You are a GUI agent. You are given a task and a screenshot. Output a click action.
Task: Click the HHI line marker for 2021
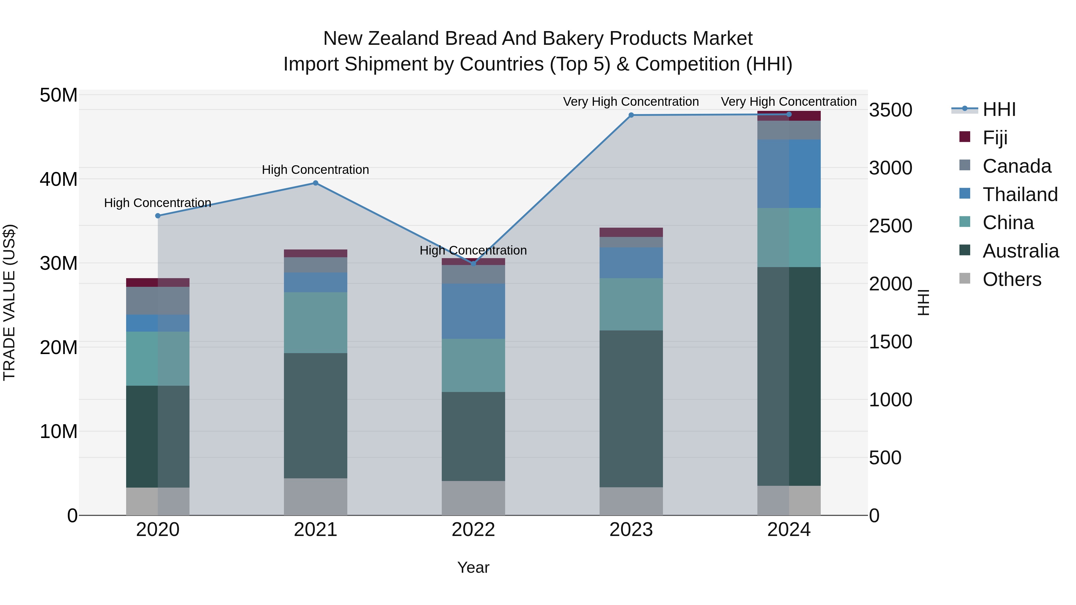[x=315, y=183]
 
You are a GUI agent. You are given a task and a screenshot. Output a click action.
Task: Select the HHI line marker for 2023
[x=631, y=115]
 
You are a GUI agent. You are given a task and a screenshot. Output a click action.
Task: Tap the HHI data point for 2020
[x=158, y=216]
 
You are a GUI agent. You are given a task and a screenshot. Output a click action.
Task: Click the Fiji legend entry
[x=995, y=138]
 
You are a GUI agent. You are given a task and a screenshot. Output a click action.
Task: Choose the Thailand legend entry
[x=1020, y=194]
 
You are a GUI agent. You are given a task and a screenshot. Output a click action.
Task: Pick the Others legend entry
[x=1012, y=279]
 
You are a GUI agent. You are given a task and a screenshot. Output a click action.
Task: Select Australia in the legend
[x=1020, y=251]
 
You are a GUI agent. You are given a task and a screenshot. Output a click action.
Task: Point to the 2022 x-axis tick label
[x=473, y=530]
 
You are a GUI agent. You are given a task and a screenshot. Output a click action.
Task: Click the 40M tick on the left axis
[x=59, y=180]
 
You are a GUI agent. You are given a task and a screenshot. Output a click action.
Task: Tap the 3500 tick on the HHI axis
[x=891, y=110]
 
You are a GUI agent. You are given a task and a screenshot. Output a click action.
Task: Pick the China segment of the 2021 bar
[x=315, y=322]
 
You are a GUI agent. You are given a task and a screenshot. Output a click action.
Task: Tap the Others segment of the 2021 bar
[x=315, y=497]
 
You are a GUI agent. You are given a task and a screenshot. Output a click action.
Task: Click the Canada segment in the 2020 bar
[x=158, y=301]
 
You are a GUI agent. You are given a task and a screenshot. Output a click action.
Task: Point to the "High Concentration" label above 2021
[x=315, y=170]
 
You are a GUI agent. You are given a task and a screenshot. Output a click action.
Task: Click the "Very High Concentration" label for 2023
[x=631, y=102]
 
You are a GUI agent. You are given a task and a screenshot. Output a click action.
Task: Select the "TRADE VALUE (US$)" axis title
[x=9, y=302]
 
